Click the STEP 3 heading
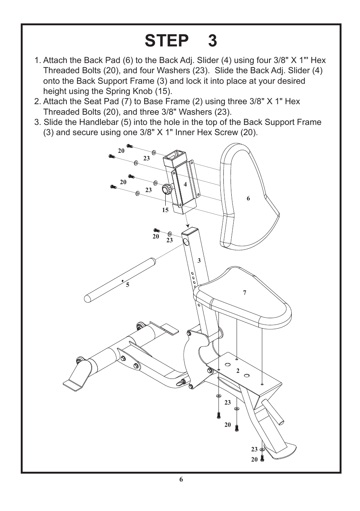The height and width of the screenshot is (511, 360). coord(181,41)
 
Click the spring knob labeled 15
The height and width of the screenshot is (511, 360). coord(167,189)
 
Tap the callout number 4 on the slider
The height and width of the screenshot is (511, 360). coord(185,185)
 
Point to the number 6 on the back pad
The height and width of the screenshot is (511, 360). coord(248,199)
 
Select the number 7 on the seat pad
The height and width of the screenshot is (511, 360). coord(245,292)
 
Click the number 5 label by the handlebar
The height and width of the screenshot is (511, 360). coord(128,285)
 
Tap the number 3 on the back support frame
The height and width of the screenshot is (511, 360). coord(199,261)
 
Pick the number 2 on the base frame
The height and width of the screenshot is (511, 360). coord(238,371)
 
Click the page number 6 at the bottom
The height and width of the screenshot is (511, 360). coord(181,479)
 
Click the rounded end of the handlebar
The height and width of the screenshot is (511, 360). coord(88,298)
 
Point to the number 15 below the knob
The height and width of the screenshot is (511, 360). coord(165,210)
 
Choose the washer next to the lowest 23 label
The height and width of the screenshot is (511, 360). coord(262,450)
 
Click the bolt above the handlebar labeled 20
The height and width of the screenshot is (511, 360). coord(157,230)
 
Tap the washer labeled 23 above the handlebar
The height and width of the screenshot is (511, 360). coord(169,234)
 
